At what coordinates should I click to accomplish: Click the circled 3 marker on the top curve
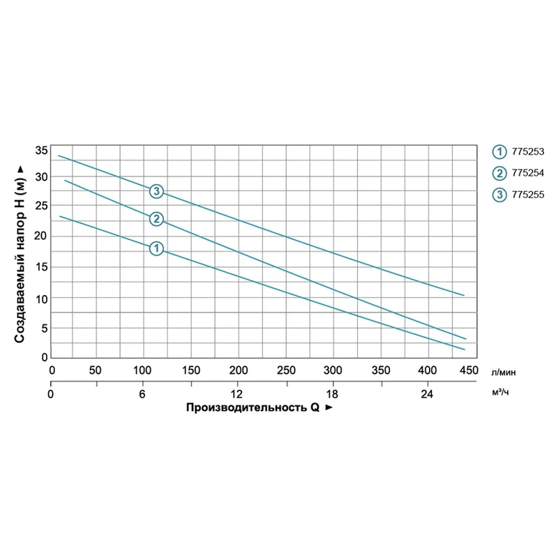157,191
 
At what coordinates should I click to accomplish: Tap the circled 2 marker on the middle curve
156,219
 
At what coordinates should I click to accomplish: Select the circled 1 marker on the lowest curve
156,248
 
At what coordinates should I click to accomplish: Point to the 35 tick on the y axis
41,151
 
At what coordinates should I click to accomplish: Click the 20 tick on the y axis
41,236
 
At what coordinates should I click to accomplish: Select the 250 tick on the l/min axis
285,370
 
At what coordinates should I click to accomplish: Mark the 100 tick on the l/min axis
143,370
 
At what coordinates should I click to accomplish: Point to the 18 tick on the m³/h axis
333,394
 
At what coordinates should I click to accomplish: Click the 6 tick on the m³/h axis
143,394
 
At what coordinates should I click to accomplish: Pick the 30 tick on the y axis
41,177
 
